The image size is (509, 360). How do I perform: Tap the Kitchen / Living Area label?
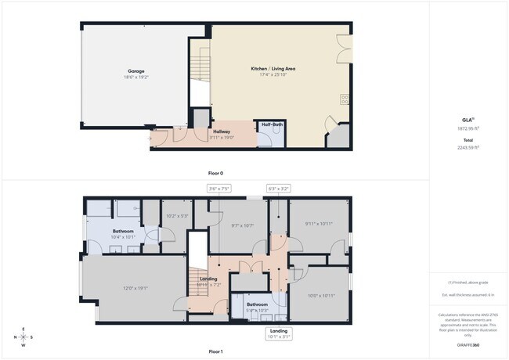[x=273, y=69]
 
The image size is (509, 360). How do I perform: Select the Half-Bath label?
[x=272, y=124]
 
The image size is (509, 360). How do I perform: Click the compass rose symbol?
[x=23, y=337]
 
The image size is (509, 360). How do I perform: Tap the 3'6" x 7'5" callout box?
[x=219, y=188]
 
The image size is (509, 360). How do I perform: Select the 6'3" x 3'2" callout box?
[x=279, y=188]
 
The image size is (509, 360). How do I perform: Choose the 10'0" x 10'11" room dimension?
[x=321, y=295]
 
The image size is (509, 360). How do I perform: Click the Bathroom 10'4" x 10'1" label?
[x=124, y=233]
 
